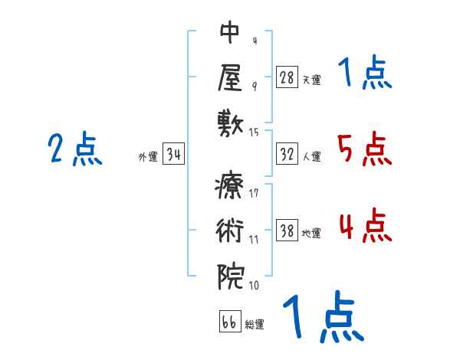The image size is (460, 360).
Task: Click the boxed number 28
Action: tap(287, 77)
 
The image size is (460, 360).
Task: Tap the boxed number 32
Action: tap(287, 155)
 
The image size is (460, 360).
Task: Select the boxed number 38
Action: tap(287, 231)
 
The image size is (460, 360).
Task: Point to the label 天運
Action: tap(311, 80)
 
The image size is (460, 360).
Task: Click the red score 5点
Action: tap(363, 149)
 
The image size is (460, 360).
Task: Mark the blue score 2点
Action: tap(74, 149)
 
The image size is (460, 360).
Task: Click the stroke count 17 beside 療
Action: tap(254, 193)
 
